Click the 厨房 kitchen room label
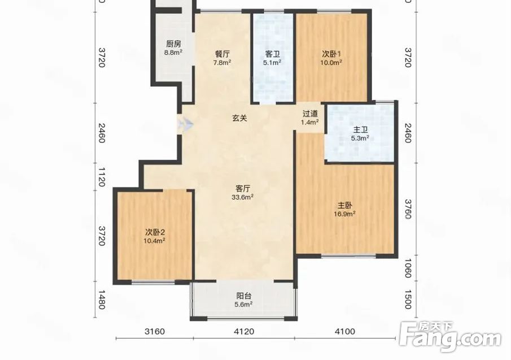point(173,44)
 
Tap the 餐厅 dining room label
point(222,54)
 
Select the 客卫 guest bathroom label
point(273,54)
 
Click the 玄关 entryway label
point(239,118)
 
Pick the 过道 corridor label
point(310,114)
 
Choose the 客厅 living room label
point(243,189)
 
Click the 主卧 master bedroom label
point(344,206)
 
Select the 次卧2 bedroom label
point(155,232)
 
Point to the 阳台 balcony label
point(244,296)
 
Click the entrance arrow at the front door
point(185,124)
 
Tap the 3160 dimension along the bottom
point(155,332)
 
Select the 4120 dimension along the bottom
point(244,332)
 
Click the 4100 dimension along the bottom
point(345,332)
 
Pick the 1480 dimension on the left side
point(102,300)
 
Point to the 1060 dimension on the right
point(407,268)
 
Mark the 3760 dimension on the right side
point(407,209)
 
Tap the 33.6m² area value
point(243,197)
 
